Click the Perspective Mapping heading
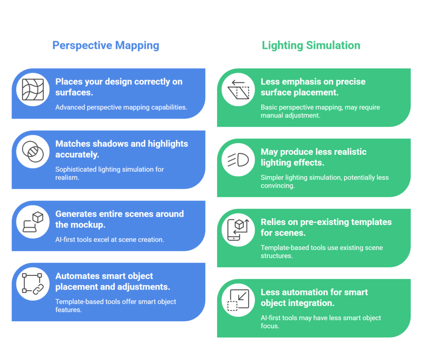(x=106, y=45)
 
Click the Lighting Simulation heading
(x=311, y=45)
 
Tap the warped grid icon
(x=33, y=90)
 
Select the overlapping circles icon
(x=33, y=152)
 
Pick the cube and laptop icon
(x=33, y=222)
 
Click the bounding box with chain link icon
(x=33, y=284)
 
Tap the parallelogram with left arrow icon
(x=238, y=90)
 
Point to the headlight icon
(x=238, y=160)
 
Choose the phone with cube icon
(x=238, y=230)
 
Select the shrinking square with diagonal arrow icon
(x=238, y=300)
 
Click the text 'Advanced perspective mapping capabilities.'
(x=121, y=108)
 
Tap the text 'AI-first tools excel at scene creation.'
(x=110, y=239)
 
